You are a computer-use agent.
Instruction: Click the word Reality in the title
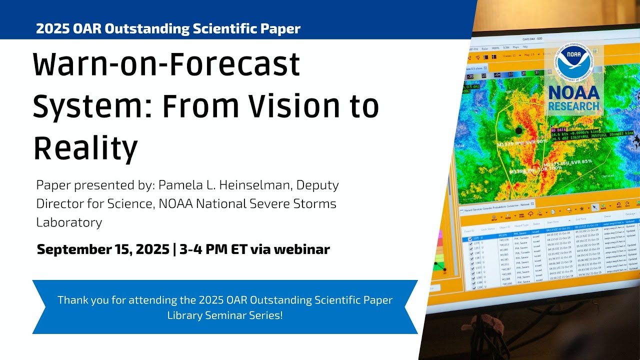85,148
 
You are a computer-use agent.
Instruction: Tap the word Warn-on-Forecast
166,64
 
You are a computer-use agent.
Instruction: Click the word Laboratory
69,222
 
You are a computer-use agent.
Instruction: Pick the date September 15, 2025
102,249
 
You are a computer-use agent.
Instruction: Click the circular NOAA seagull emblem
573,64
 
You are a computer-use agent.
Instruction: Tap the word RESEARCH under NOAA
573,106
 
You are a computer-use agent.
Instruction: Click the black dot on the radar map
518,131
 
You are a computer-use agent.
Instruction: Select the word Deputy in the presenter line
318,185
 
